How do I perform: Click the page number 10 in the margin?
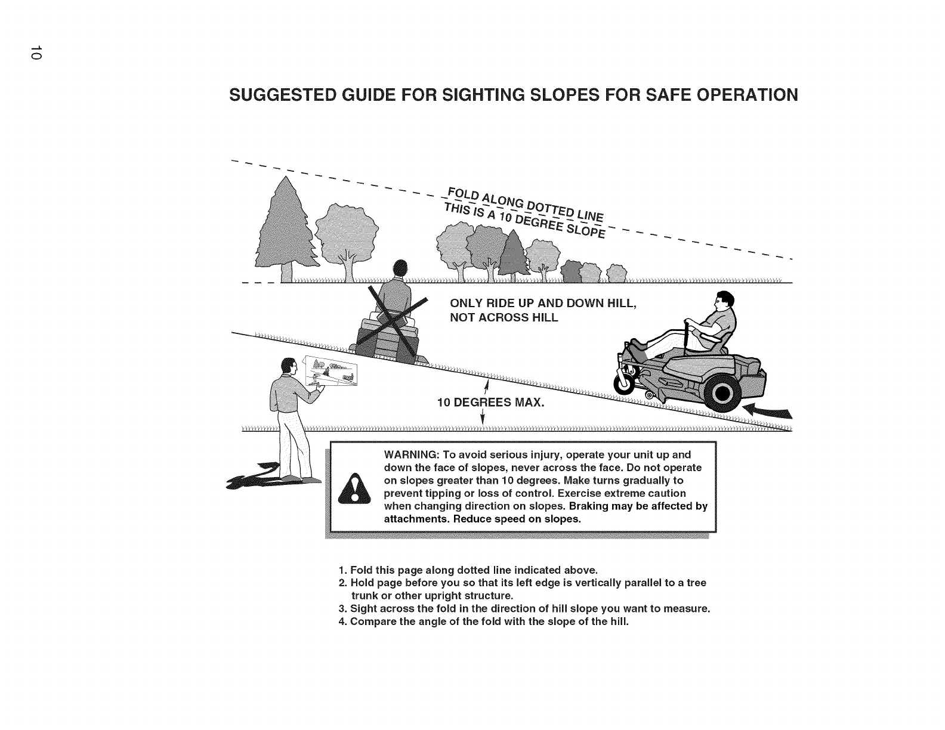pyautogui.click(x=36, y=52)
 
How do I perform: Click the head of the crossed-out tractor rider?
pyautogui.click(x=399, y=268)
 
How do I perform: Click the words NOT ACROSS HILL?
pyautogui.click(x=503, y=317)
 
